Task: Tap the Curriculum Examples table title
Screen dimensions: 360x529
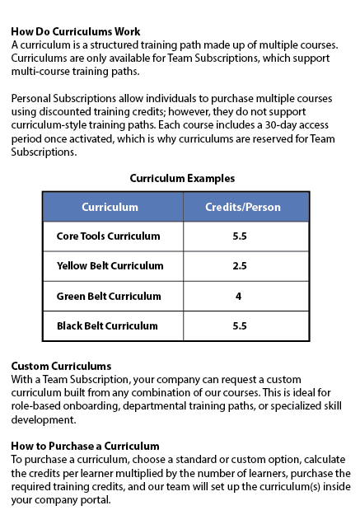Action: point(182,178)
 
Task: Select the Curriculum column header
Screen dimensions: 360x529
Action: point(110,207)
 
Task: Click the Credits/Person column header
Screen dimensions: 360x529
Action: point(242,207)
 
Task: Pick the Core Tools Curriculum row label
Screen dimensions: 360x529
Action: point(108,236)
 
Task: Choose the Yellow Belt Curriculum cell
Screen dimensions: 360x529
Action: point(110,266)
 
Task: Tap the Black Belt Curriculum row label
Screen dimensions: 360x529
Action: point(107,325)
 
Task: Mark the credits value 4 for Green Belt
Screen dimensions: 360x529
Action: point(238,296)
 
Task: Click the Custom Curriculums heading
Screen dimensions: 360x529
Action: point(62,366)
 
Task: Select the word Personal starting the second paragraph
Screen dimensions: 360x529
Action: point(31,98)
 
